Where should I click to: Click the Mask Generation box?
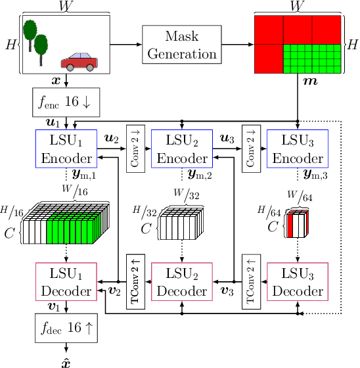[x=182, y=45]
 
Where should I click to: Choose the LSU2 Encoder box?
[x=182, y=150]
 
